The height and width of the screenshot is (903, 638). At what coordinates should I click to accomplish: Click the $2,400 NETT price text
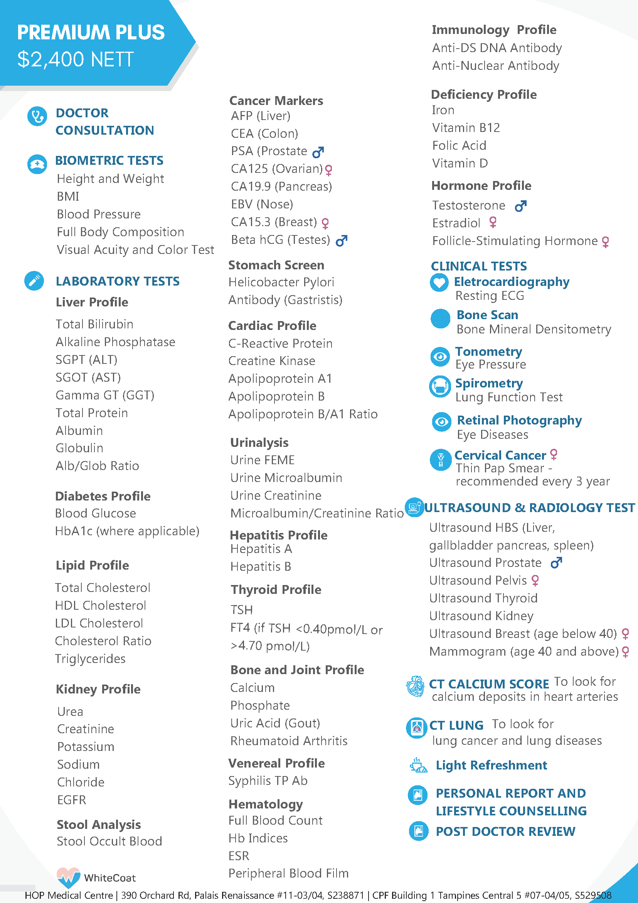(x=76, y=59)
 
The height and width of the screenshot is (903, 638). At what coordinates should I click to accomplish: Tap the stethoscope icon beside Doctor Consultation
(x=37, y=117)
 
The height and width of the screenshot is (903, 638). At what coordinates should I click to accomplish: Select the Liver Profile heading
(x=92, y=302)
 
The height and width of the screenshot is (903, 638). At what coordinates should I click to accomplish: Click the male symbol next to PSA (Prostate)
(x=318, y=151)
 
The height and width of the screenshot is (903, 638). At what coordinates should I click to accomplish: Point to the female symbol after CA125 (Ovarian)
(x=329, y=169)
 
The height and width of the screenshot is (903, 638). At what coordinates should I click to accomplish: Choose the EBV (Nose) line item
(x=262, y=204)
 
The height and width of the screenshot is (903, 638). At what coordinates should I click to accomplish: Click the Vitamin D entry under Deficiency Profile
(x=460, y=163)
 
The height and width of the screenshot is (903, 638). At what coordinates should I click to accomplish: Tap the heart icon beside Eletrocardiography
(x=439, y=282)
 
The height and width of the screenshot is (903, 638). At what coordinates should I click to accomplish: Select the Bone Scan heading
(x=487, y=315)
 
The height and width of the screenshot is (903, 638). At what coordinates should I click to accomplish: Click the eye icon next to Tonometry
(x=440, y=357)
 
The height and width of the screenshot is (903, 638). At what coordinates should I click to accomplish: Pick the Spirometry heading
(x=489, y=383)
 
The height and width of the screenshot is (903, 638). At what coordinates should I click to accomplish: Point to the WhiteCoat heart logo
(x=68, y=877)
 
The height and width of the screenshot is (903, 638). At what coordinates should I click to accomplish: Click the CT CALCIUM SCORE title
(x=489, y=684)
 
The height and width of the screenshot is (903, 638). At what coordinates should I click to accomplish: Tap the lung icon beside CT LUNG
(x=416, y=727)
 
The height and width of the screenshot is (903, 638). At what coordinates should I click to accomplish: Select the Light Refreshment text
(x=491, y=765)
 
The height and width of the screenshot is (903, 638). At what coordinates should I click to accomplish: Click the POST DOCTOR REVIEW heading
(x=505, y=832)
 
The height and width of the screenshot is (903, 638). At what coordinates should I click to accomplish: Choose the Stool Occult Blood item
(x=109, y=841)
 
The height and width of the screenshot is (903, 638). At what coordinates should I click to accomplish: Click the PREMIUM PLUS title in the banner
(x=91, y=32)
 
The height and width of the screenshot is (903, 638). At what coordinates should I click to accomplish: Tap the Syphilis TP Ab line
(x=268, y=781)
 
